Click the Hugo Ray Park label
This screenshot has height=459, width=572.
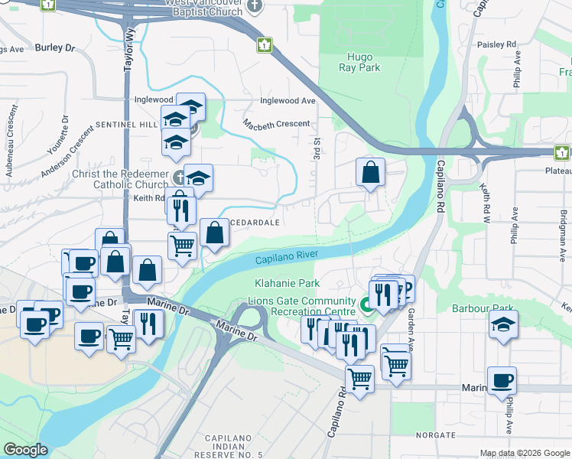pyautogui.click(x=359, y=62)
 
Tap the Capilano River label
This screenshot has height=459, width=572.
pyautogui.click(x=287, y=258)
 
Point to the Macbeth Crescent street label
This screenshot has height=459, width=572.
pyautogui.click(x=277, y=123)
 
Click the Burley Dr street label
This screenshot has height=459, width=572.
pyautogui.click(x=54, y=47)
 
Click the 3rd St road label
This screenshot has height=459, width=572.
pyautogui.click(x=315, y=149)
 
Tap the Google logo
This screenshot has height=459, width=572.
pyautogui.click(x=25, y=450)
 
